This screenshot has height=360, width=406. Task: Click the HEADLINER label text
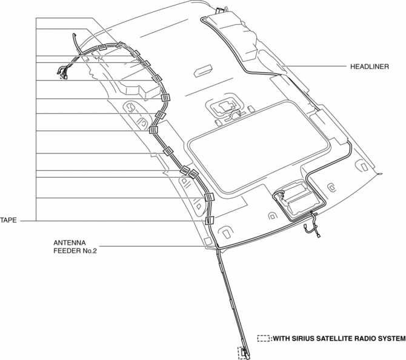tap(370, 67)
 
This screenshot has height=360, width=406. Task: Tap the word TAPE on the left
tap(8, 221)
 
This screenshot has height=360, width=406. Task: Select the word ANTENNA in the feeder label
tap(70, 243)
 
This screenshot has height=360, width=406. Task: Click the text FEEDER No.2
tap(75, 251)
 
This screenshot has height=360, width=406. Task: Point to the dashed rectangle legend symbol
tap(264, 339)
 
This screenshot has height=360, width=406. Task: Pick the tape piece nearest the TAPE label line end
tap(210, 221)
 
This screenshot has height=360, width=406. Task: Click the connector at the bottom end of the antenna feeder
tap(244, 353)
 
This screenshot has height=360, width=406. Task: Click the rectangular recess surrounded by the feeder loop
tap(298, 199)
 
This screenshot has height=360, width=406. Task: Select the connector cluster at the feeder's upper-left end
tap(62, 73)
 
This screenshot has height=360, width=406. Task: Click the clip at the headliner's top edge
tap(219, 10)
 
